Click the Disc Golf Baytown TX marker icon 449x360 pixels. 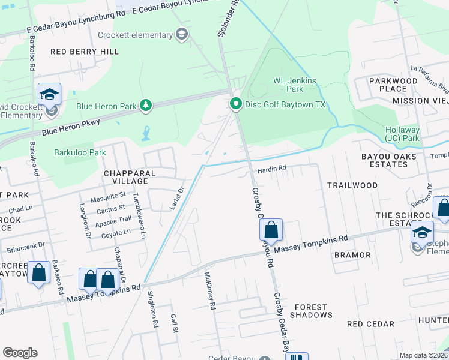tap(236, 104)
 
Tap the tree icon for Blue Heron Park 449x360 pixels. tap(145, 106)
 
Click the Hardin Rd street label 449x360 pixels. tap(270, 169)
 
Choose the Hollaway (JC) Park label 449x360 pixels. tap(411, 134)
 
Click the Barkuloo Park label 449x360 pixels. tap(80, 152)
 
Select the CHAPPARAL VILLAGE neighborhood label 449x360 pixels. tap(125, 177)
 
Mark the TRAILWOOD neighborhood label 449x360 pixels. tap(352, 185)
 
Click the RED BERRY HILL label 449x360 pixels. tap(76, 52)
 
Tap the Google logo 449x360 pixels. tap(20, 352)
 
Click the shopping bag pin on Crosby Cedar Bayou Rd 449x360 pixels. tap(271, 230)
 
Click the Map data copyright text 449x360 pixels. tap(423, 355)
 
